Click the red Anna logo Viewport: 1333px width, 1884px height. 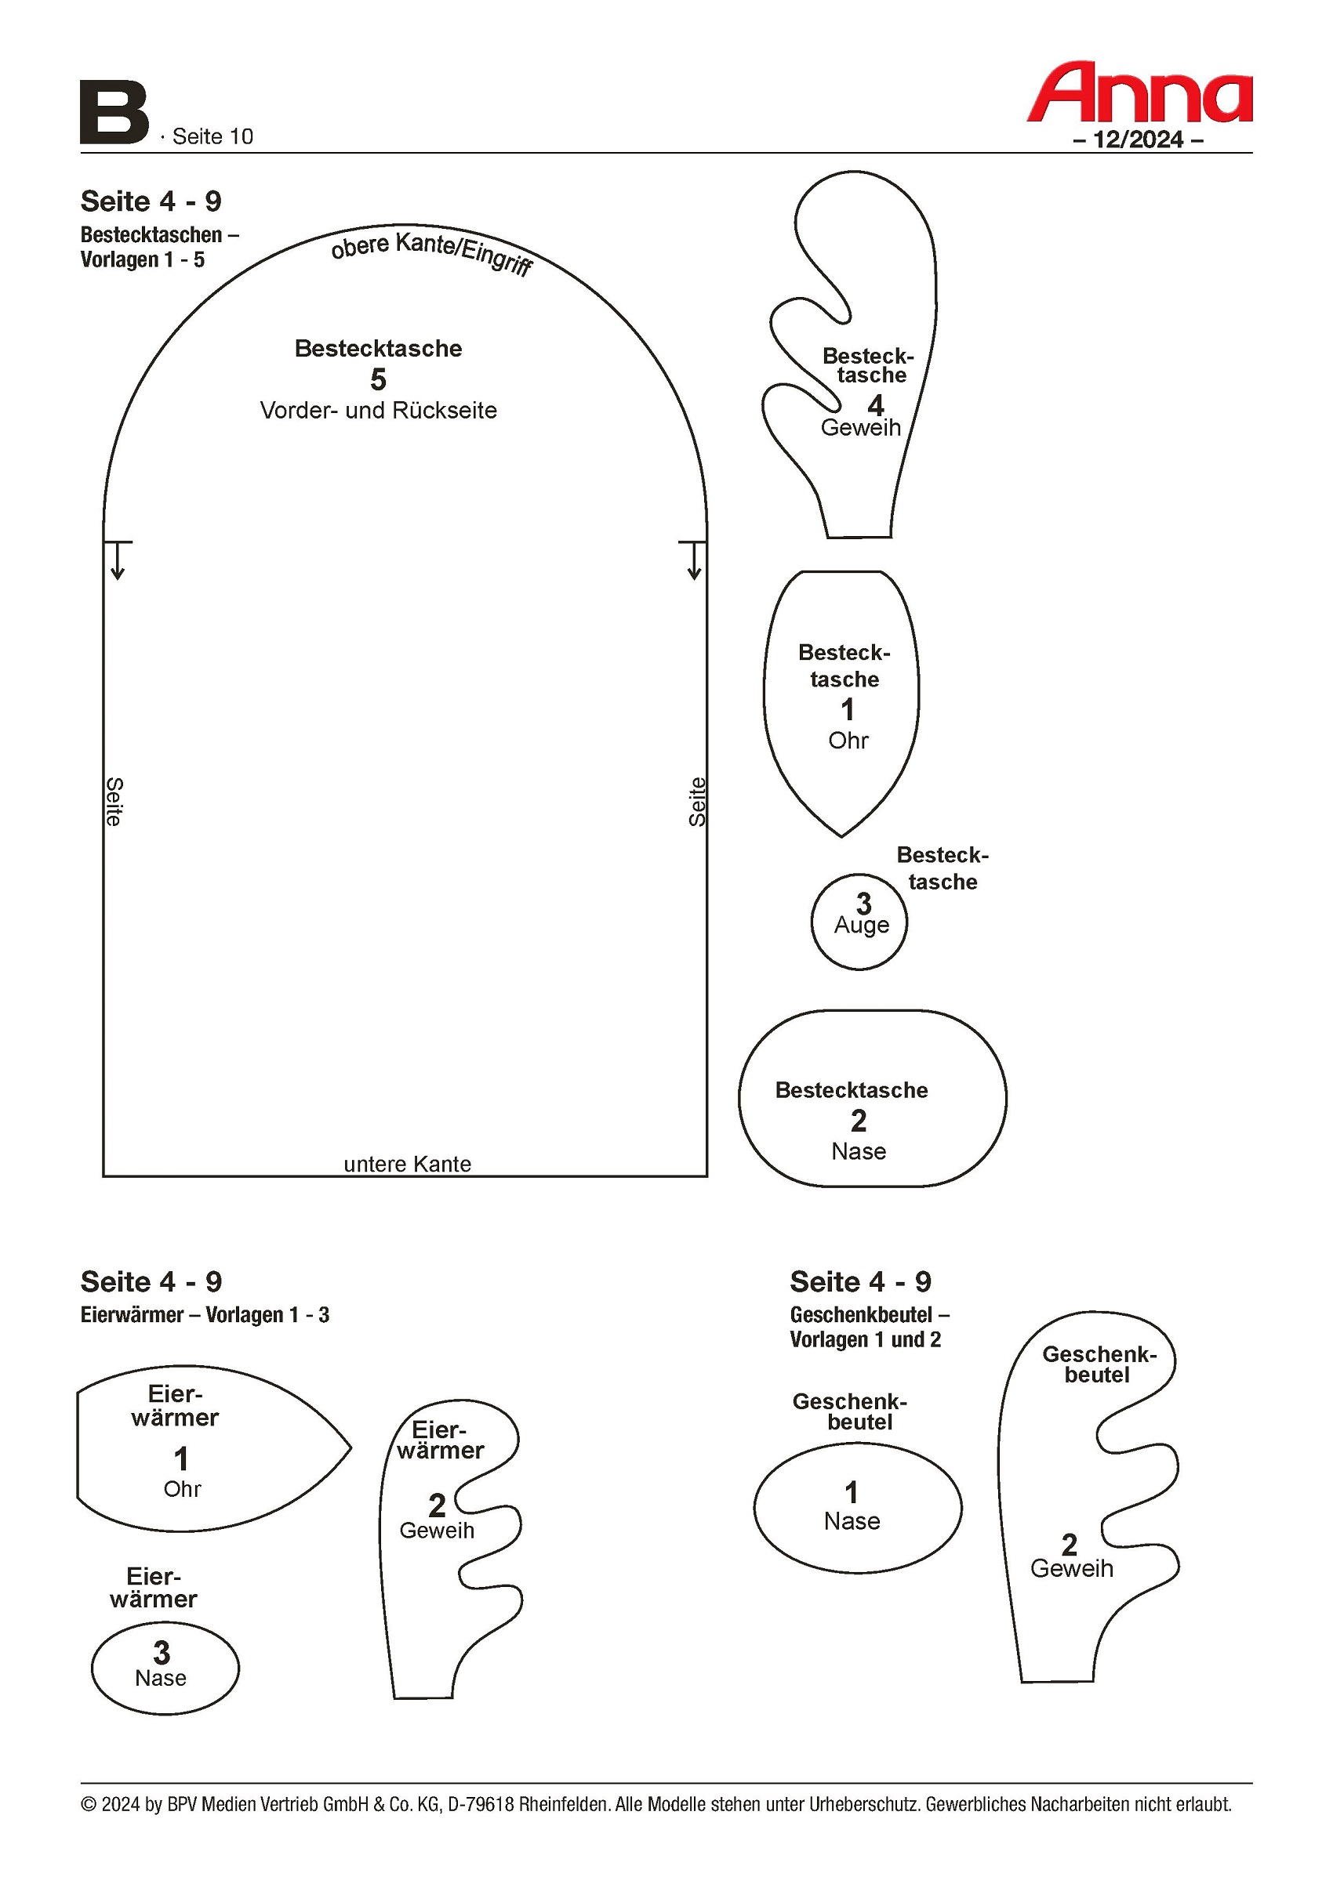[x=1139, y=92]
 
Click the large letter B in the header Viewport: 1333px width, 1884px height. [x=114, y=112]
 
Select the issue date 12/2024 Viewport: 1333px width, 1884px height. [x=1138, y=139]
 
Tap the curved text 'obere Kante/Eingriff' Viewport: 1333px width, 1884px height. [x=432, y=252]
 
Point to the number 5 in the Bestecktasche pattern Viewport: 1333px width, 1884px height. [x=378, y=380]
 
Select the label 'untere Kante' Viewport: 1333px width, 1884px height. [x=407, y=1164]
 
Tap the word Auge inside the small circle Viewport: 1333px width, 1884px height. [x=861, y=925]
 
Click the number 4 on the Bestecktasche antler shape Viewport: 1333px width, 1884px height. [x=876, y=405]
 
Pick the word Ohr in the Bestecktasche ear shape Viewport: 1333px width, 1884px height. [x=848, y=740]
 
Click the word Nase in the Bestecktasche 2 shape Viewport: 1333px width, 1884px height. [x=859, y=1151]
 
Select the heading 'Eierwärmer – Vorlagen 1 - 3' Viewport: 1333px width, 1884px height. [x=205, y=1314]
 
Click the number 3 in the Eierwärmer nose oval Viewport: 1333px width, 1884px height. [x=162, y=1652]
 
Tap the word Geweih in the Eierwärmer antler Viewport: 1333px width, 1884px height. [x=437, y=1531]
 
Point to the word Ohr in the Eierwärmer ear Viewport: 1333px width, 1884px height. [x=182, y=1489]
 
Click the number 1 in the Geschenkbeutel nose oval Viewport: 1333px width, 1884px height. [x=852, y=1492]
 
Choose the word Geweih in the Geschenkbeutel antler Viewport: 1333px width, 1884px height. [x=1071, y=1569]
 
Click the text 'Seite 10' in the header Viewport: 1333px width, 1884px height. [x=212, y=136]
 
